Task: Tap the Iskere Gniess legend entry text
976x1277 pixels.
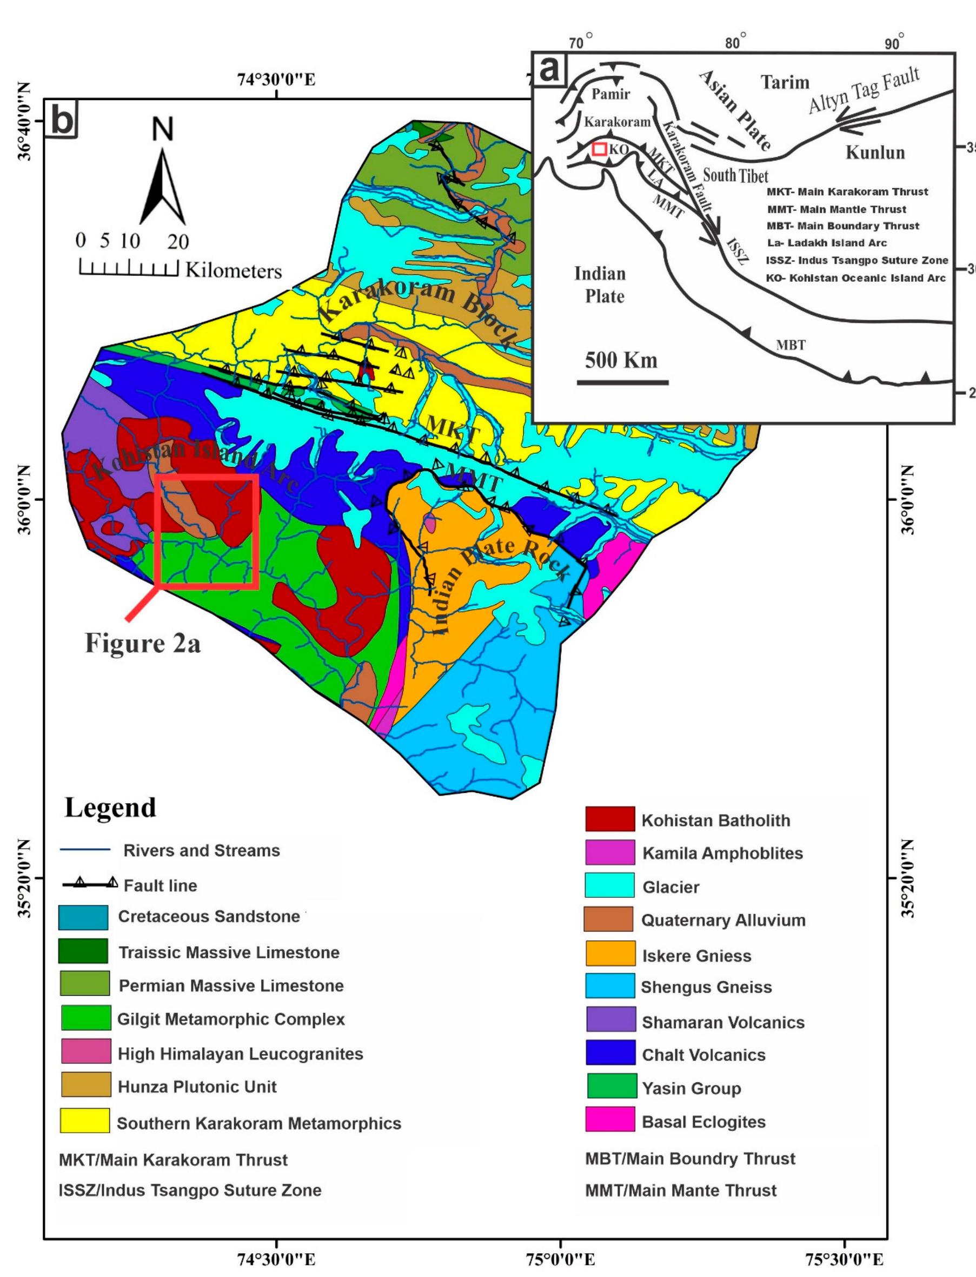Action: tap(696, 956)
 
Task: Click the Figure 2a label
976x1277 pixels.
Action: tap(143, 644)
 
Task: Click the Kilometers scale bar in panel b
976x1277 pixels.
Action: tap(128, 269)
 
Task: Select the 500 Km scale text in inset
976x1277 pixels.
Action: tap(621, 360)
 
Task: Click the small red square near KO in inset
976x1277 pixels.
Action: tap(599, 149)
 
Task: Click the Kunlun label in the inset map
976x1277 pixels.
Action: tap(874, 152)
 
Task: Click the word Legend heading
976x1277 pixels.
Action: tap(110, 808)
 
